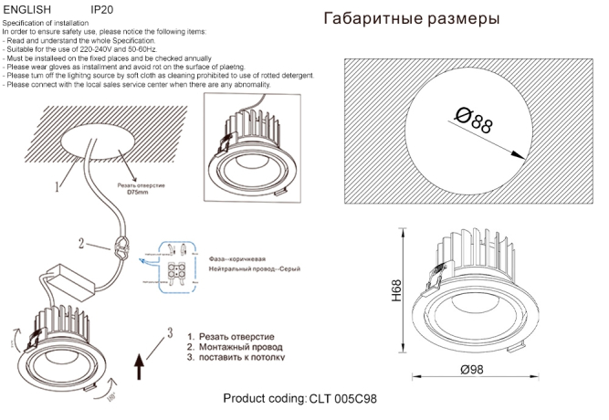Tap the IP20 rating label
102,8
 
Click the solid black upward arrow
140,367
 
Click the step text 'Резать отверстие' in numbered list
238,337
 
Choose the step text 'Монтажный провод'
241,348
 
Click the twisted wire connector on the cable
118,247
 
